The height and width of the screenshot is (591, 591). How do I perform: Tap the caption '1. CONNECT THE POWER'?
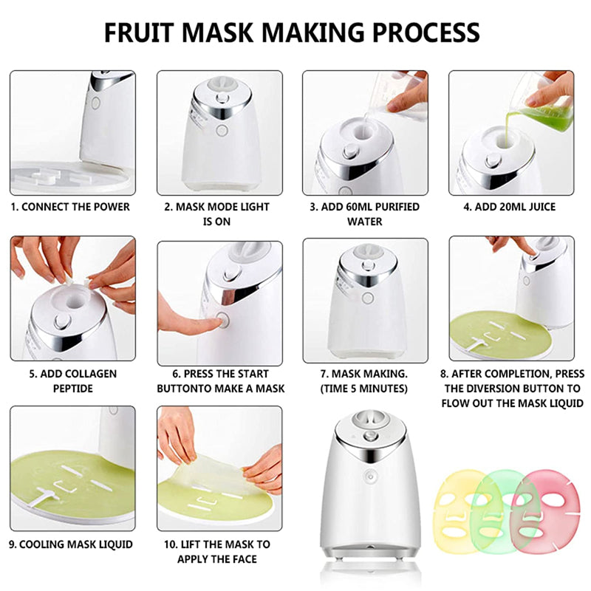[x=72, y=207]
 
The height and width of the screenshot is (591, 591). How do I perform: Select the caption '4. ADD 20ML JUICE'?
[x=510, y=207]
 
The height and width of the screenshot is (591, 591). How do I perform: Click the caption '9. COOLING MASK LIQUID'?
[x=72, y=544]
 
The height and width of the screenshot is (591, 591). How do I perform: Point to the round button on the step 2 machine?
[x=222, y=131]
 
